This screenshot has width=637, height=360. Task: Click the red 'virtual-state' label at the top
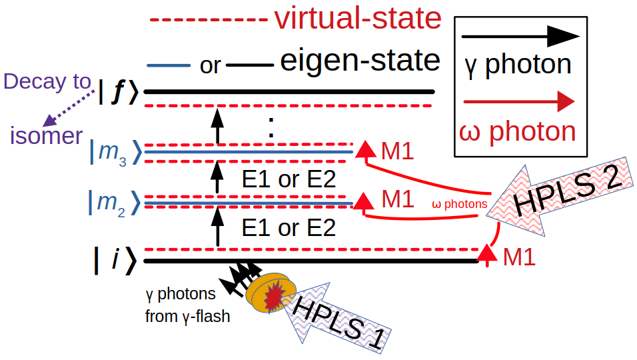pos(357,19)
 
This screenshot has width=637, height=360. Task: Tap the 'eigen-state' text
pos(360,61)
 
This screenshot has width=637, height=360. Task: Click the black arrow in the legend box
pos(517,36)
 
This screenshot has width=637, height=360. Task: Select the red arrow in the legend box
pos(517,102)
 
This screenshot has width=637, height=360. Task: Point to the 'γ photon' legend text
pos(517,65)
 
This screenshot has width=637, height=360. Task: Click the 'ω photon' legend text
pos(517,131)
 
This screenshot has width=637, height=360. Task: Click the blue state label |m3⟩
pos(115,152)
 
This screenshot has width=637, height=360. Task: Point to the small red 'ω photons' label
pos(460,204)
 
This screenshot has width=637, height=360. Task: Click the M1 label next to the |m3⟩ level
pos(397,151)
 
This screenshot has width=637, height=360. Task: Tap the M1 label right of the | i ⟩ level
pos(519,257)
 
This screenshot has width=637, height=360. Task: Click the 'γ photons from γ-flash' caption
pos(187,305)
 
